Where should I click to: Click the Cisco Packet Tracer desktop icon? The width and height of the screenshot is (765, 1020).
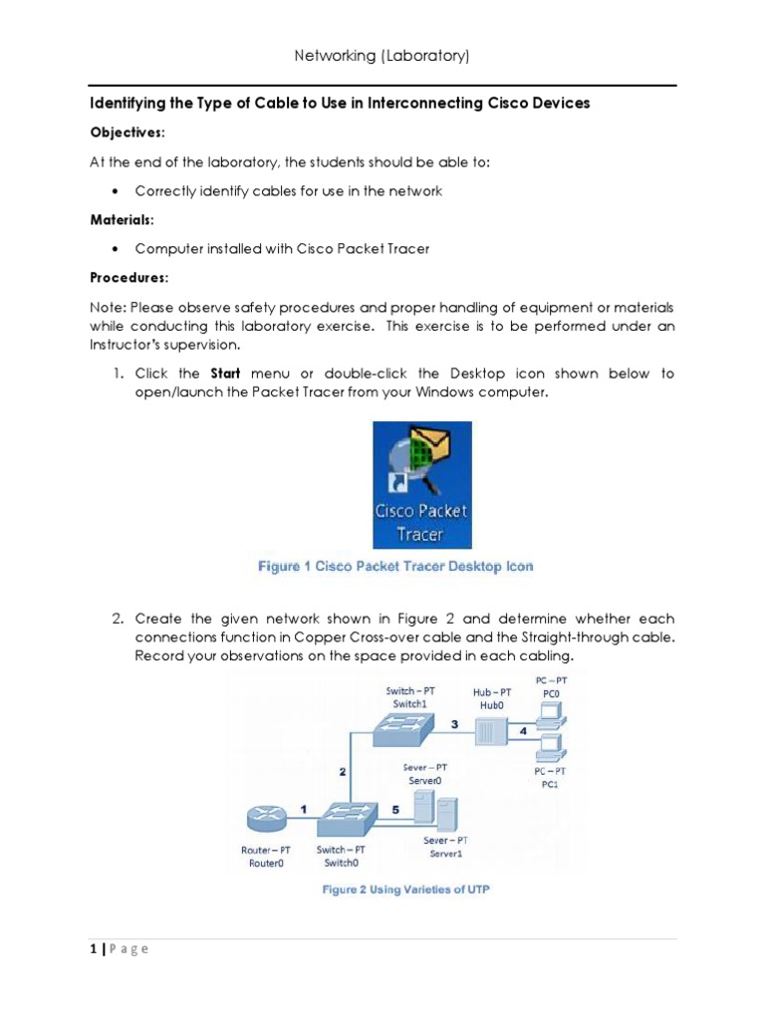click(x=421, y=484)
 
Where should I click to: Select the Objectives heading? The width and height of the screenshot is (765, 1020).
click(x=128, y=132)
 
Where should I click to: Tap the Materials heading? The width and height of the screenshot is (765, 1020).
click(x=123, y=219)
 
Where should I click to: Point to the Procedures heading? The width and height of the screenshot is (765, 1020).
click(x=129, y=276)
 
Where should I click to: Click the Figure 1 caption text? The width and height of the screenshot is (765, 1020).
click(x=395, y=566)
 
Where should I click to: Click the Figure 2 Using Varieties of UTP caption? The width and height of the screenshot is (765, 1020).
click(x=405, y=890)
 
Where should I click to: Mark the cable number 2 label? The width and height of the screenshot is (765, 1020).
click(x=342, y=770)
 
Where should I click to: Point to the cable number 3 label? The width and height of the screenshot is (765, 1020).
click(x=454, y=724)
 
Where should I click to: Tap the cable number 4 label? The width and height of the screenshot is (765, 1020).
click(x=524, y=731)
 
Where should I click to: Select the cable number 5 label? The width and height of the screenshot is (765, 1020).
click(x=395, y=810)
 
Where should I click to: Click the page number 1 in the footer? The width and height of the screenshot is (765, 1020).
click(x=93, y=948)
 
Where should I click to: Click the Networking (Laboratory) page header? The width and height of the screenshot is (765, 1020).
click(x=382, y=56)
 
